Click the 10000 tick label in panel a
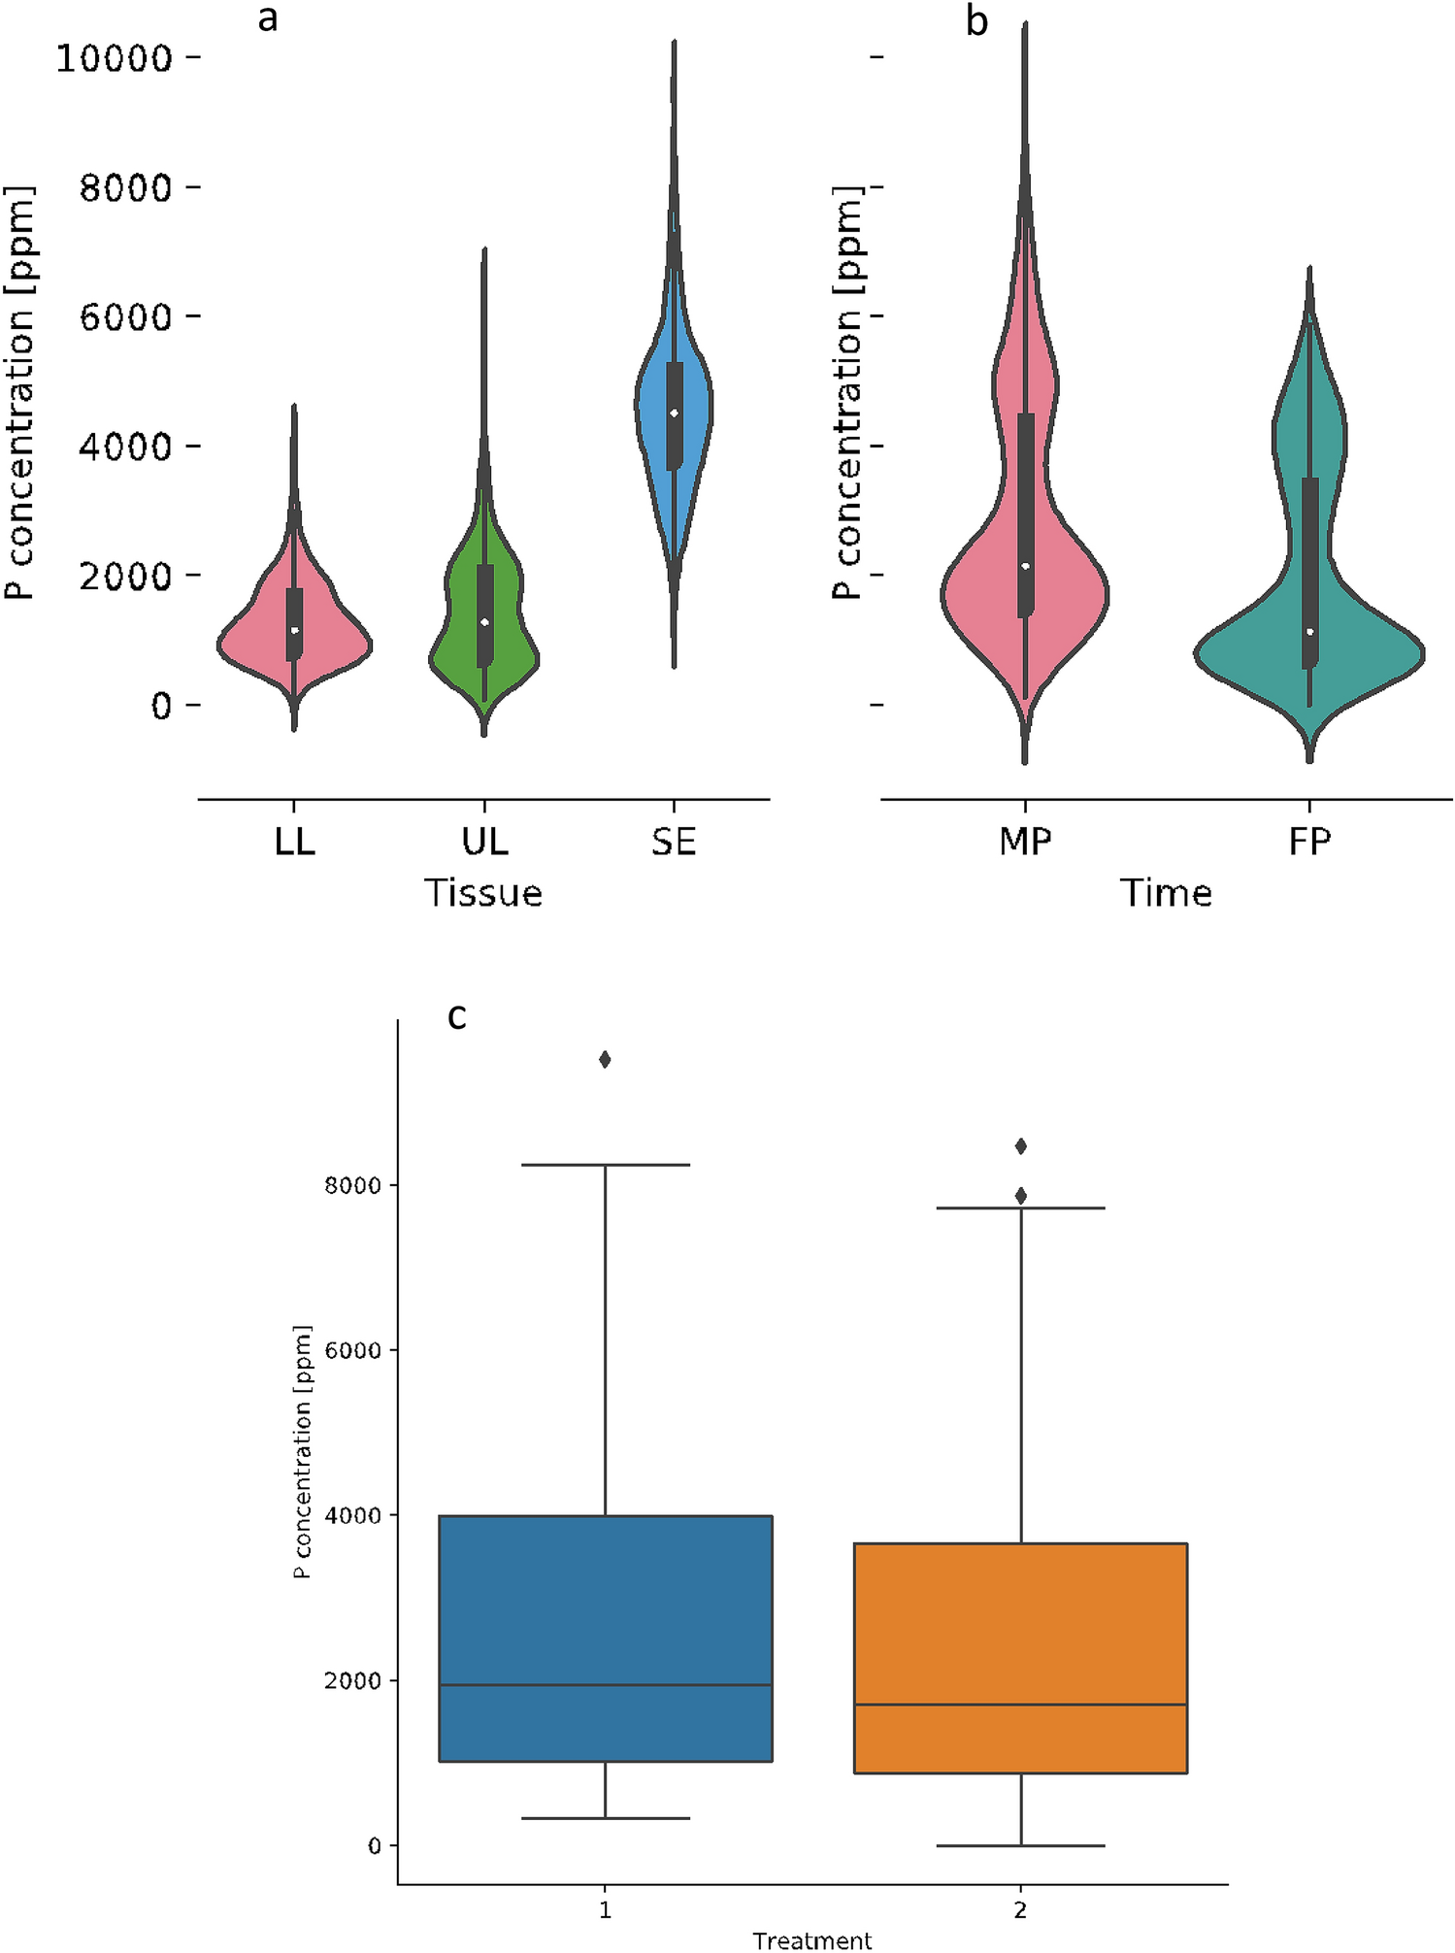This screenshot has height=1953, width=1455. [x=114, y=58]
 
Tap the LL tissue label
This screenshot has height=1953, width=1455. [x=294, y=842]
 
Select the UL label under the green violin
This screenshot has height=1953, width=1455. [x=484, y=842]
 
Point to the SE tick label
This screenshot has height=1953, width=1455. [x=674, y=842]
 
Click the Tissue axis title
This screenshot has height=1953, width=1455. [x=483, y=893]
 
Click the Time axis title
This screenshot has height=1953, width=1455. [x=1166, y=893]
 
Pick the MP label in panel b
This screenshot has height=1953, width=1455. [x=1025, y=842]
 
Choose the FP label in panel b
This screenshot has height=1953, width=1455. [x=1309, y=842]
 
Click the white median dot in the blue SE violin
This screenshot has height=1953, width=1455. [x=674, y=414]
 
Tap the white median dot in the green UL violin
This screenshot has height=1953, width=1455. [x=484, y=621]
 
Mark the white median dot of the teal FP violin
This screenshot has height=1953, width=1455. [x=1309, y=632]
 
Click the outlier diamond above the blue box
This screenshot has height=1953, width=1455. [x=605, y=1059]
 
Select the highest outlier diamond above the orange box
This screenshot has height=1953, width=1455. [x=1020, y=1146]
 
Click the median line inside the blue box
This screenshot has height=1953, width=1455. [x=605, y=1685]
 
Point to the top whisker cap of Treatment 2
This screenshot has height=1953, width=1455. [x=1020, y=1208]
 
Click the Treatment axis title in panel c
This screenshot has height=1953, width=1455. [x=811, y=1940]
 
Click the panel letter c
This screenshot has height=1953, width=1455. [x=456, y=1016]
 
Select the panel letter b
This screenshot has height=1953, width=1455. [x=976, y=21]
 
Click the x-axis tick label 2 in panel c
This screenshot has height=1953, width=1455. [x=1020, y=1909]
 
